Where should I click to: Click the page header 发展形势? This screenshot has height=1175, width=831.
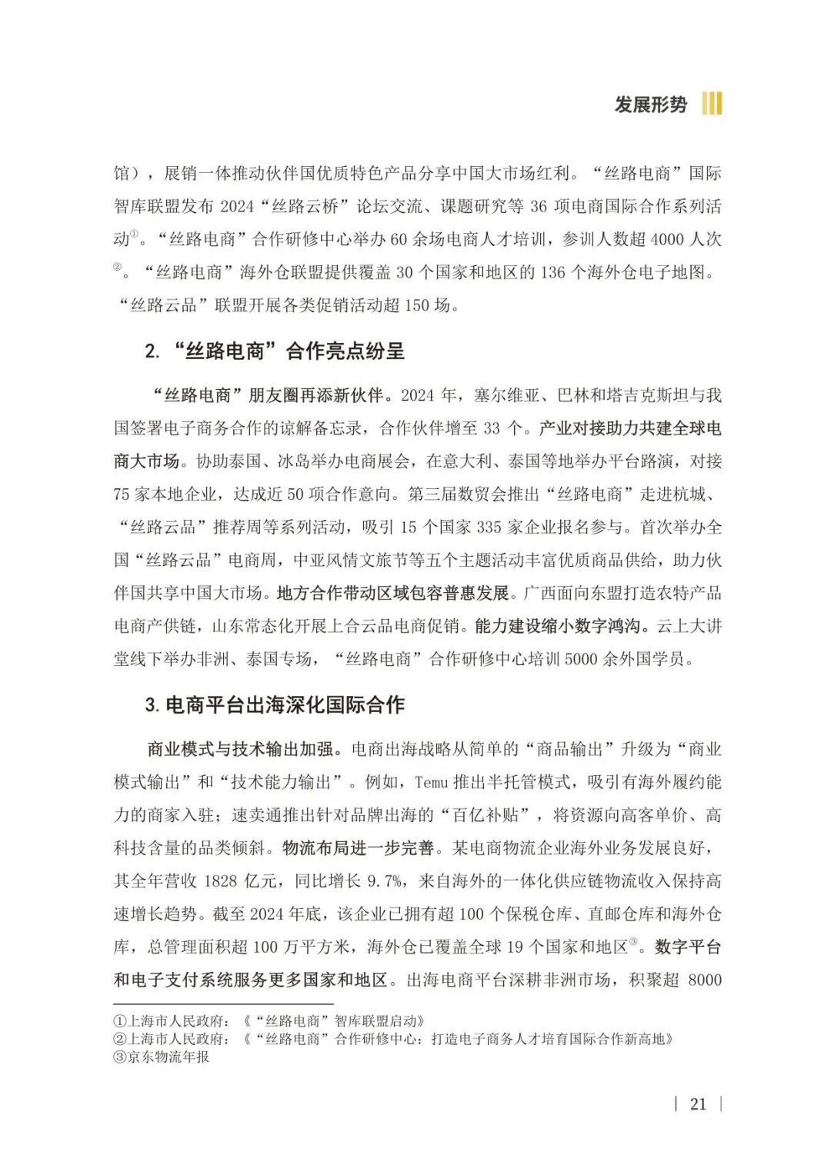[650, 104]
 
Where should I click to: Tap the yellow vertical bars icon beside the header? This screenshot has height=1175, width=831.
[712, 104]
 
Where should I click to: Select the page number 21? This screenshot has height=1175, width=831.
[698, 1104]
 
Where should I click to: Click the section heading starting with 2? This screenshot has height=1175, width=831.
[274, 351]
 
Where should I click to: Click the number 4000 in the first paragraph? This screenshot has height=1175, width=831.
[666, 239]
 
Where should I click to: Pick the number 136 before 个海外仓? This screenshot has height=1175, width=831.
[552, 272]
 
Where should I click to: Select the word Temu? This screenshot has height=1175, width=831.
[431, 783]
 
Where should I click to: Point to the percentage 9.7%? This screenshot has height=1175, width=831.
[382, 881]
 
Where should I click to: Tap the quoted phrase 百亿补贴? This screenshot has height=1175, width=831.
[490, 815]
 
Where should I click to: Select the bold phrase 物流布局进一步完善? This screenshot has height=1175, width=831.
[358, 848]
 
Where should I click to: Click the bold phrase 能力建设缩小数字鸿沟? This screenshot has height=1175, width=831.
[558, 626]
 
